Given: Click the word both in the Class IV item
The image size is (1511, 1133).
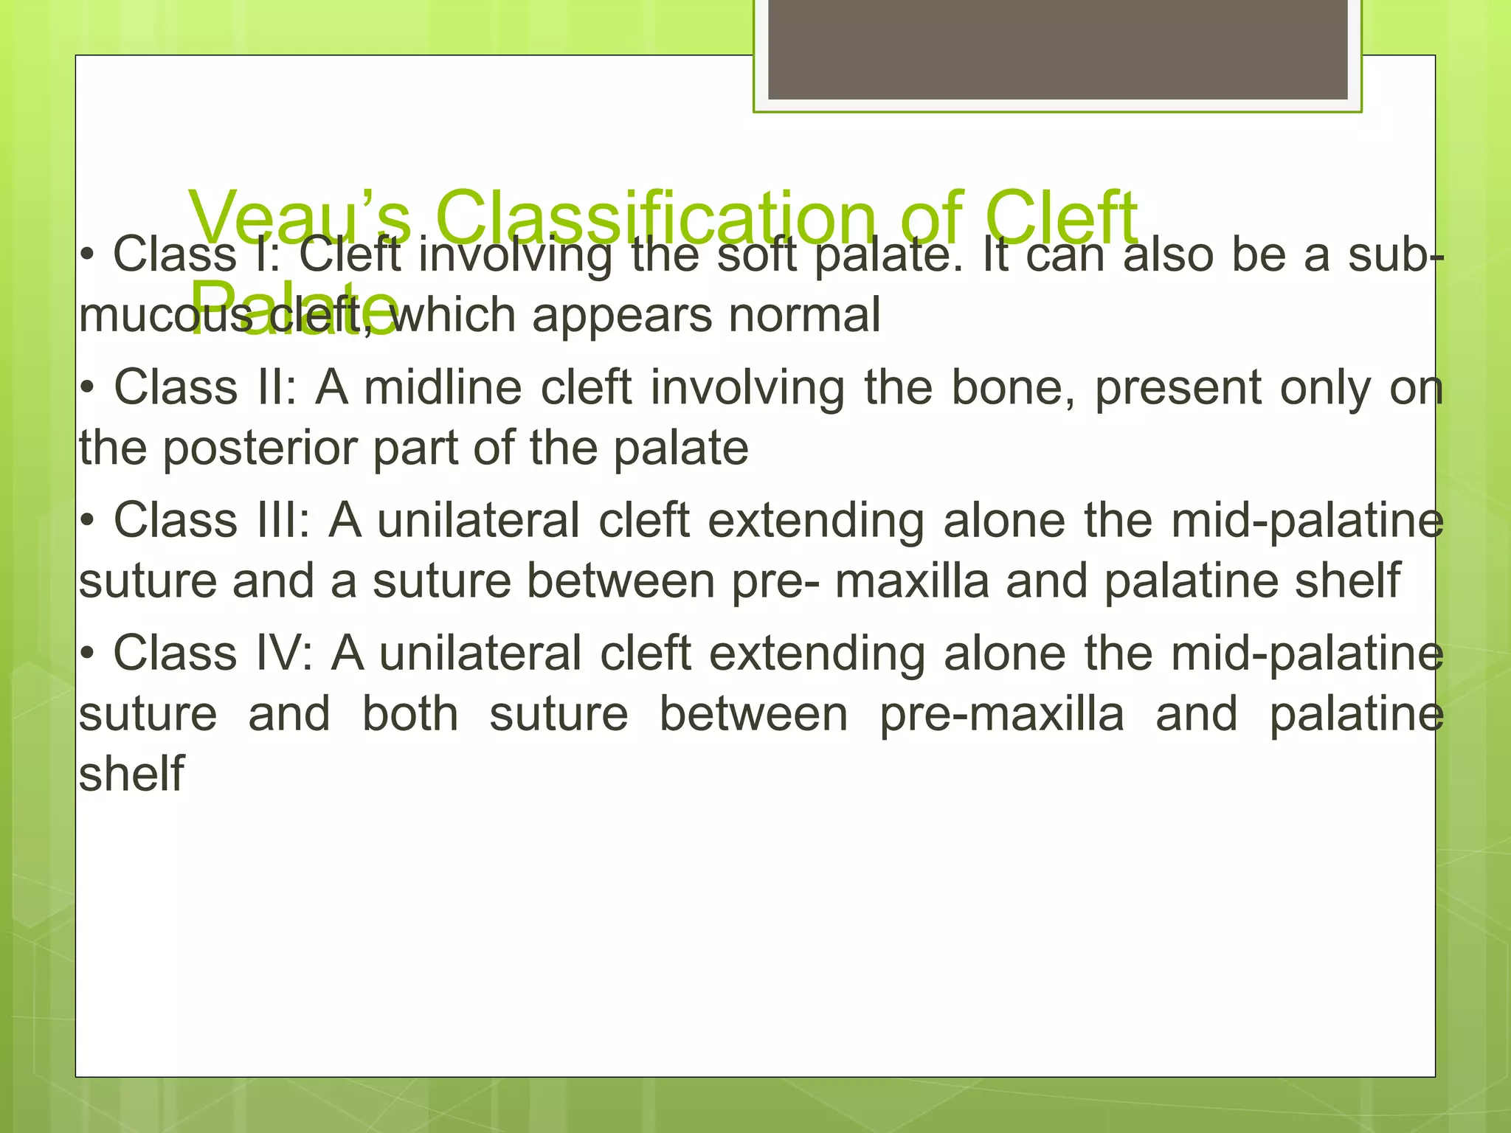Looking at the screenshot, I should tap(410, 715).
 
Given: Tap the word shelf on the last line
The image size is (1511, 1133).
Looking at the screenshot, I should tap(131, 774).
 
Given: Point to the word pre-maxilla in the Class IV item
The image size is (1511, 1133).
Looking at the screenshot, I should tap(1001, 715).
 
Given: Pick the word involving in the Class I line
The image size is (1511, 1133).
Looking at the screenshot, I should tap(515, 255).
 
